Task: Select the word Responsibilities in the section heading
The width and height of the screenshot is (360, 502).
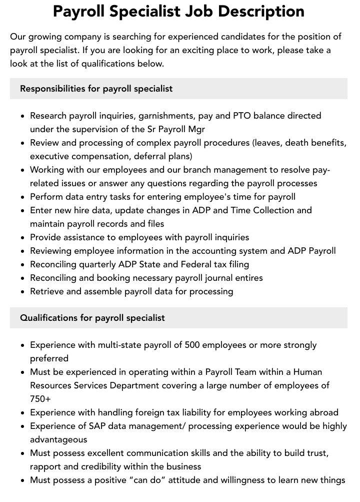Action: (x=52, y=89)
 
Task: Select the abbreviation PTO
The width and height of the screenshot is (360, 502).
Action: (x=242, y=116)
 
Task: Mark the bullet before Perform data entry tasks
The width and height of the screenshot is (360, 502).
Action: (x=22, y=197)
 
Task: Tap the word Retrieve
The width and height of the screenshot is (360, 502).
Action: (x=48, y=291)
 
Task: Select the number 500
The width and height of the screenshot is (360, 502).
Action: (x=193, y=345)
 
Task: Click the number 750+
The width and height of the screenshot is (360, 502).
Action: (x=40, y=399)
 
